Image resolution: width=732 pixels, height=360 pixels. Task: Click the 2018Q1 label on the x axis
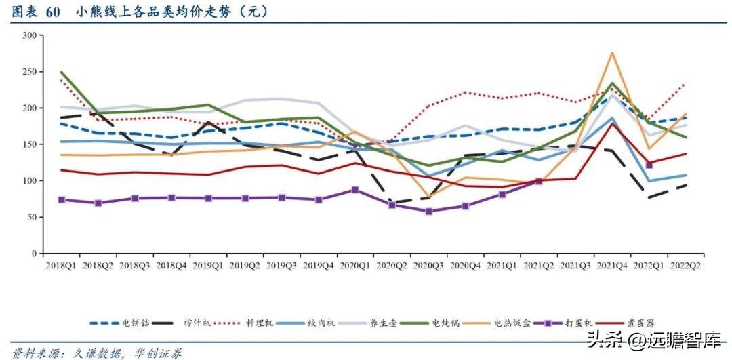[x=62, y=266]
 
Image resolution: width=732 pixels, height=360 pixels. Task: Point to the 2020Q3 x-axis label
[x=429, y=266]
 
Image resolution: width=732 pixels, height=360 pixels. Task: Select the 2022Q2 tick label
[x=685, y=266]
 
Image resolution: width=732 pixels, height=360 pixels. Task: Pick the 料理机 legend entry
[x=261, y=323]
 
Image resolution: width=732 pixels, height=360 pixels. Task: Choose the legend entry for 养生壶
[x=382, y=323]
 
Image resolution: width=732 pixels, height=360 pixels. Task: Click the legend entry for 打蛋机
[x=578, y=323]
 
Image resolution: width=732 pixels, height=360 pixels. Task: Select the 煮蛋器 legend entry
[x=641, y=323]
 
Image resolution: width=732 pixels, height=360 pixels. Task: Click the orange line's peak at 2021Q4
[x=613, y=52]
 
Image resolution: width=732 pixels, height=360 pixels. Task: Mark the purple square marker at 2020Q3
[x=429, y=211]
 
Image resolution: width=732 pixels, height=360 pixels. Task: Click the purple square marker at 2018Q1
[x=62, y=199]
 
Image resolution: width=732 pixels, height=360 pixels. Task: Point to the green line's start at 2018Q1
[x=62, y=72]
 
